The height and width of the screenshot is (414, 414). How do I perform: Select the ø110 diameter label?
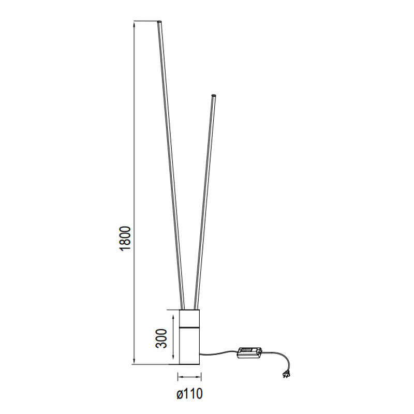tap(189, 394)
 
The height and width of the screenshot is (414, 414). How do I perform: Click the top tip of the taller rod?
tap(159, 22)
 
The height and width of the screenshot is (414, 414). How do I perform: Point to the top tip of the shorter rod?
tap(213, 95)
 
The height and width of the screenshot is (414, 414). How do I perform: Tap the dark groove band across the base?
tap(189, 327)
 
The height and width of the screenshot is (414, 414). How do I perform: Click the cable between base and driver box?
tap(217, 353)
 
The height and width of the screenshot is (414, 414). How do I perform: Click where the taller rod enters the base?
tap(182, 308)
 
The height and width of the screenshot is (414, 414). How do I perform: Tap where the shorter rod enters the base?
tap(196, 308)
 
